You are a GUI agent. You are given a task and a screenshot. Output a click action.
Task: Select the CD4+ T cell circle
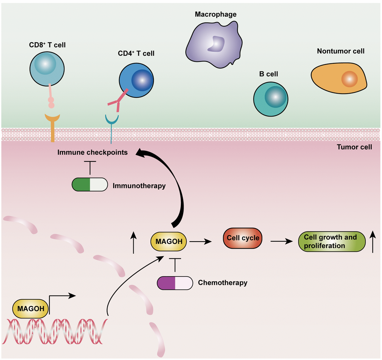pos(136,81)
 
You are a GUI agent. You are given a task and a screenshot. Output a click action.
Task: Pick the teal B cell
pos(270,99)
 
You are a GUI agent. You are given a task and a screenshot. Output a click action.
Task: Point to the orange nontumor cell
pos(339,78)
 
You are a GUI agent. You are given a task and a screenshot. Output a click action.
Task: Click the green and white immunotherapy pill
pos(90,185)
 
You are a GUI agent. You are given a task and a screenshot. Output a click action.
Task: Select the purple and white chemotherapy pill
pos(175,283)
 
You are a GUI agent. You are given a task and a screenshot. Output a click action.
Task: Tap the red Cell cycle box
pos(242,238)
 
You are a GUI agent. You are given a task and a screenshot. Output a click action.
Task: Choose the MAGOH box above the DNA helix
pos(30,309)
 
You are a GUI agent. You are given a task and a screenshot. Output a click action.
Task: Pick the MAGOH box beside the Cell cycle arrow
pos(169,242)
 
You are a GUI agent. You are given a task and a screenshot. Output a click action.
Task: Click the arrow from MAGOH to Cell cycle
pos(200,242)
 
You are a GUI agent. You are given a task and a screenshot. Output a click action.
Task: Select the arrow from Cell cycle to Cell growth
pos(281,242)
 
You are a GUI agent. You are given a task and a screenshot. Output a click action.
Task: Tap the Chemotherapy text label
pos(222,283)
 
